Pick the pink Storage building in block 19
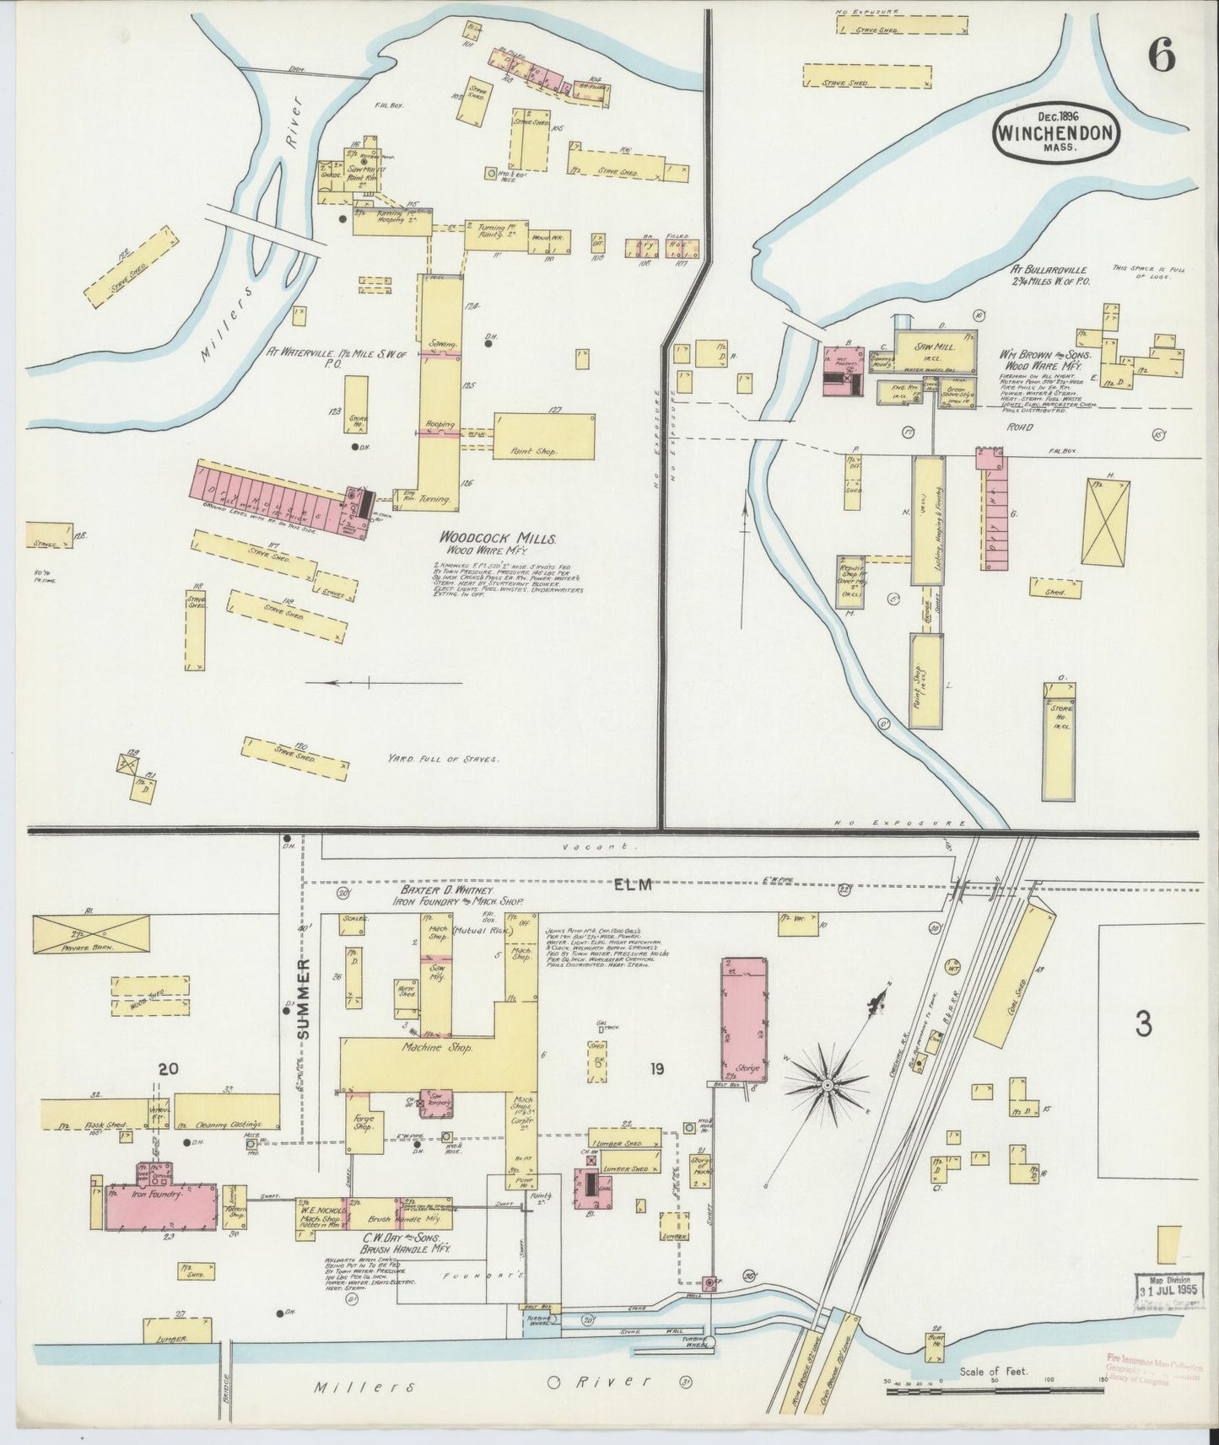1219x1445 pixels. [x=745, y=1020]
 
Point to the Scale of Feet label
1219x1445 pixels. [x=993, y=1371]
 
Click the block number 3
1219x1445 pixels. [x=1143, y=1024]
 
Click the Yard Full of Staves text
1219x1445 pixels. [x=444, y=759]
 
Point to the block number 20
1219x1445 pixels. [x=167, y=1069]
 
